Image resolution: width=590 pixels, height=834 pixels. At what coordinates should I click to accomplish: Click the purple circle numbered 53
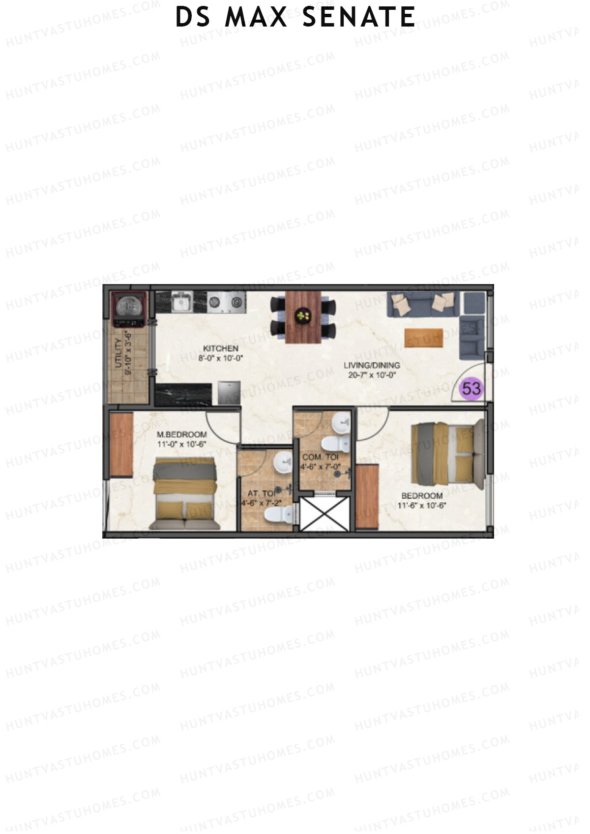point(471,389)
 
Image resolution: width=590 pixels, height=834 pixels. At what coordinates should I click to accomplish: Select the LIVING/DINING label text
point(371,365)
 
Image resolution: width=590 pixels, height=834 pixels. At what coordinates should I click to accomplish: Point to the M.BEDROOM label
point(181,434)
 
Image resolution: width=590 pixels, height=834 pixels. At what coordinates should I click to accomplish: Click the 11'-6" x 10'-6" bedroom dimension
point(423,505)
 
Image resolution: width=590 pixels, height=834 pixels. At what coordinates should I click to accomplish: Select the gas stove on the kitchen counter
point(226,302)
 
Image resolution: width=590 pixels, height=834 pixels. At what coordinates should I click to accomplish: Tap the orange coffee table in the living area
point(423,337)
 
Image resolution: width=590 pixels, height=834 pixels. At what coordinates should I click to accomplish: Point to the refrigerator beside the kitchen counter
point(229,392)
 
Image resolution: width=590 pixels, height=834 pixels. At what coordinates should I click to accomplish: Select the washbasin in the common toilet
point(341,422)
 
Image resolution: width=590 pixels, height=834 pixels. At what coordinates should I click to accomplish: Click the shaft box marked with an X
point(324,514)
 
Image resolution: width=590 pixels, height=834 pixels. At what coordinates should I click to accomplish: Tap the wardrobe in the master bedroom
point(121,444)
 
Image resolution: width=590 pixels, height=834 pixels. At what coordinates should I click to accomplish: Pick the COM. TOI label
point(320,457)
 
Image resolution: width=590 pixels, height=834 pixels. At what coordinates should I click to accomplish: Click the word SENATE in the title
point(358,17)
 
